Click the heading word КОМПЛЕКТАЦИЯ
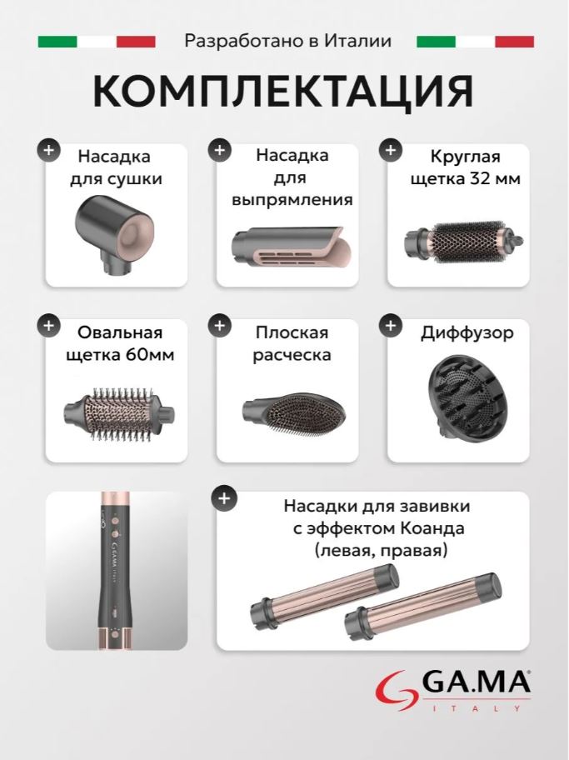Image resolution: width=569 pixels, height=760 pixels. click(x=283, y=91)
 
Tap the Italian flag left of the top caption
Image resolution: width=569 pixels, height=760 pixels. click(x=97, y=42)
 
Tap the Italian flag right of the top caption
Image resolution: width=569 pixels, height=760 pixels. click(x=475, y=42)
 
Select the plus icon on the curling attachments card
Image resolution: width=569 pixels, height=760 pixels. click(x=224, y=498)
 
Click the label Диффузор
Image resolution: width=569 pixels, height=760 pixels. click(x=467, y=332)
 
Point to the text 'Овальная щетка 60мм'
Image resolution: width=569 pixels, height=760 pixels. click(x=119, y=343)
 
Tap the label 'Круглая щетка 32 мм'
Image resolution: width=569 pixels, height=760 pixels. click(x=464, y=167)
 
